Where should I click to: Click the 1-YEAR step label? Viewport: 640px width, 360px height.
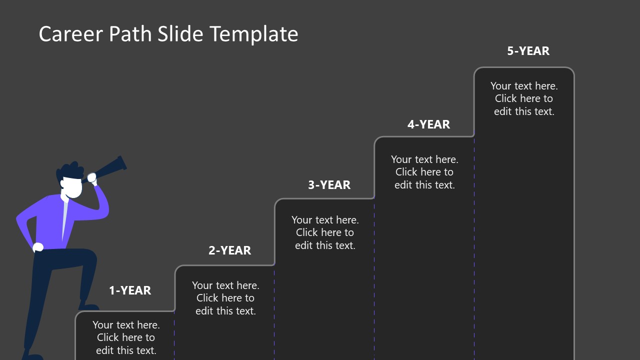pyautogui.click(x=130, y=290)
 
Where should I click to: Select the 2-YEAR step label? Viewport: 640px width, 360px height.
pyautogui.click(x=229, y=250)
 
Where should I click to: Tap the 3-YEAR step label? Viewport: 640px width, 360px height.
pyautogui.click(x=329, y=185)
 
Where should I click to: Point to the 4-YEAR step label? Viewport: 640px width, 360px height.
pyautogui.click(x=428, y=124)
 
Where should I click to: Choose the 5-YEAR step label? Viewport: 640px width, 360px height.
pyautogui.click(x=528, y=51)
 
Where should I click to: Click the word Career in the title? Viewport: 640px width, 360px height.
pyautogui.click(x=69, y=34)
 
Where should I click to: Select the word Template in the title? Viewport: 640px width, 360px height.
pyautogui.click(x=254, y=34)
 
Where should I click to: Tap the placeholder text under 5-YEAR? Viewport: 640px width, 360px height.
pyautogui.click(x=524, y=98)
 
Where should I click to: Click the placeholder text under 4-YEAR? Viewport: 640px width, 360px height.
pyautogui.click(x=424, y=172)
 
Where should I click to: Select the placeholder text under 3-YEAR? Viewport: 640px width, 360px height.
pyautogui.click(x=325, y=232)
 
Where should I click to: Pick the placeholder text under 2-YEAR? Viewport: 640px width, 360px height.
pyautogui.click(x=225, y=298)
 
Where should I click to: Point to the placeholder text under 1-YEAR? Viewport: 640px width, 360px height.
pyautogui.click(x=126, y=337)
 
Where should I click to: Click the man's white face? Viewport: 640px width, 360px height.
pyautogui.click(x=73, y=188)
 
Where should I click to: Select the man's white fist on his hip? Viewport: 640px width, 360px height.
pyautogui.click(x=38, y=247)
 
